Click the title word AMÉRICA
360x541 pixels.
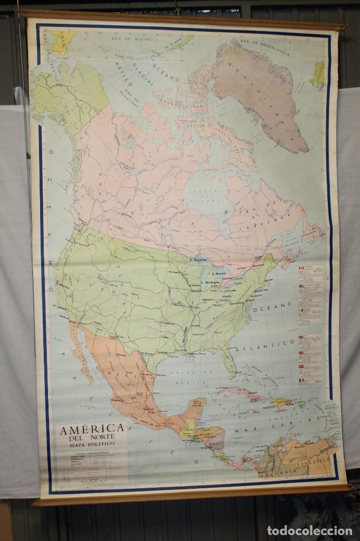[92, 428]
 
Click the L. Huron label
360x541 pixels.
[219, 273]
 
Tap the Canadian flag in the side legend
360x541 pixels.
[302, 268]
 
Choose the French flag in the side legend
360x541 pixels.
[302, 380]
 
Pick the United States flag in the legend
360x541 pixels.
[302, 286]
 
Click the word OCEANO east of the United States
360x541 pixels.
[279, 305]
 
